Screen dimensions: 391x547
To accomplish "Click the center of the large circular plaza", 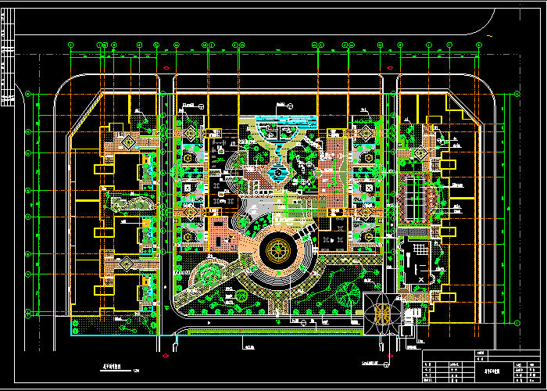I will (x=277, y=251).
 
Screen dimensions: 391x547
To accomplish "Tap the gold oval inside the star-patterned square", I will (x=382, y=314).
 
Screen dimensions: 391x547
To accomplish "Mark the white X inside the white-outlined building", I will (x=420, y=278).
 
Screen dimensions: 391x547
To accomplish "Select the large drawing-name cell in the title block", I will (x=492, y=371).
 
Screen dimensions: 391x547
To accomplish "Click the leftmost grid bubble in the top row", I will (x=70, y=45).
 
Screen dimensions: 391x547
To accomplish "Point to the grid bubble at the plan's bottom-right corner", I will (x=517, y=321).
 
